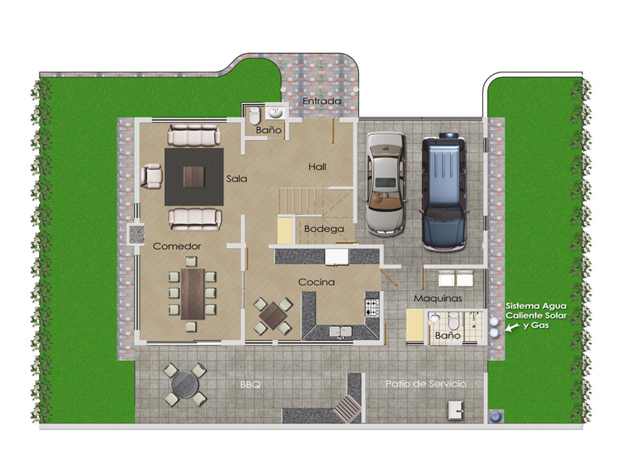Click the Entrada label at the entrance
pos(322,101)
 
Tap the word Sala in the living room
pos(237,179)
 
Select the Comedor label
pos(177,246)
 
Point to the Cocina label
pos(317,282)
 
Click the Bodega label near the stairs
pos(324,229)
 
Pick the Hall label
pos(318,167)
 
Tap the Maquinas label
pos(438,298)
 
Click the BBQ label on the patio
pos(250,384)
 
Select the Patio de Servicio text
pos(425,384)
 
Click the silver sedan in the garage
pos(385,184)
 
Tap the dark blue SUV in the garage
pos(443,192)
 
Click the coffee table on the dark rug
pos(194,177)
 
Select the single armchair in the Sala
pos(151,176)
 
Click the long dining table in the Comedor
pos(192,294)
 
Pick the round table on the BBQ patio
pos(185,384)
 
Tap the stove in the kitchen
pos(372,307)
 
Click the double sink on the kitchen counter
pos(340,332)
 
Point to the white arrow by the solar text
pos(512,327)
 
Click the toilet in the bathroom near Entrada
pos(254,115)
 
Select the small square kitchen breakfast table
pos(273,316)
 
